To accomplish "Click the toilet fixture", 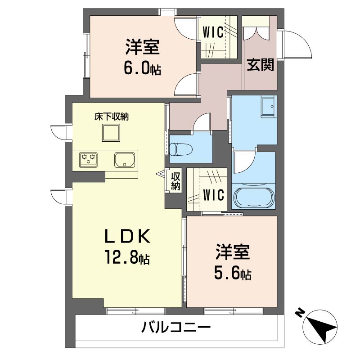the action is click(x=181, y=150).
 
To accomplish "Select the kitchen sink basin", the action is click(x=125, y=160).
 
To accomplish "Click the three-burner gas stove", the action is click(x=88, y=160).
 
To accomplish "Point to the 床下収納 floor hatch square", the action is click(x=111, y=133).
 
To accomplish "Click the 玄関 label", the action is click(x=261, y=65).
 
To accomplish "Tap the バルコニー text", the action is click(x=176, y=327).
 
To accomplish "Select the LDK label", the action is click(x=128, y=236).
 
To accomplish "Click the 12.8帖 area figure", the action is click(x=127, y=257).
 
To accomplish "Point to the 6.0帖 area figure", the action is click(x=142, y=68).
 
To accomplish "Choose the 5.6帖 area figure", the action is click(x=233, y=273).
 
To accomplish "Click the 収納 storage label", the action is click(x=175, y=181).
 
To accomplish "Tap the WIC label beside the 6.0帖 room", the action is click(x=213, y=32).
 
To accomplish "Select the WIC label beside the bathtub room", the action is click(x=213, y=195).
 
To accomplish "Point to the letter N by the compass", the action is click(x=300, y=313).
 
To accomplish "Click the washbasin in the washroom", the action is click(x=267, y=107).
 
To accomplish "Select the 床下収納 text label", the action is click(x=112, y=117).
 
